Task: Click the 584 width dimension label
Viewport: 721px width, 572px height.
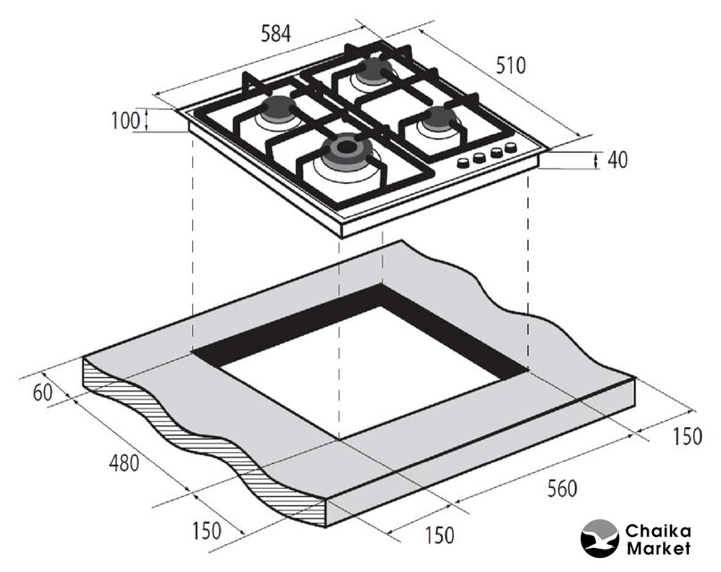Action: (276, 34)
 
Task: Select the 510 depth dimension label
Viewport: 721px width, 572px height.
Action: (510, 65)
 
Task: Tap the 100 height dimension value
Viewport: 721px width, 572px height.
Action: (125, 121)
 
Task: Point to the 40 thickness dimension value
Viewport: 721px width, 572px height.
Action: (617, 160)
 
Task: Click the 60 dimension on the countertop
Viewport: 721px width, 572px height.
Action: (43, 393)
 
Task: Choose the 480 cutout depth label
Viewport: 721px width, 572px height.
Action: (123, 463)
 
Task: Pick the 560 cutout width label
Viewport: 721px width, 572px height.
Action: (562, 488)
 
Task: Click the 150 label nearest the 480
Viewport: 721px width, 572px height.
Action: (206, 531)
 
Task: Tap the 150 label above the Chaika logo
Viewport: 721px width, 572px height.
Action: (687, 436)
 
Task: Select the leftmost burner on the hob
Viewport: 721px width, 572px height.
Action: (278, 108)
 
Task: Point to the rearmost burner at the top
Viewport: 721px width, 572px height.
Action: (377, 70)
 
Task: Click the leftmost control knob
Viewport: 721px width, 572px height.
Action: (463, 163)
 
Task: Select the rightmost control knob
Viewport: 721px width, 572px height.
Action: (510, 147)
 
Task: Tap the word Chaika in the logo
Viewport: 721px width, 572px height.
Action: (658, 532)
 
